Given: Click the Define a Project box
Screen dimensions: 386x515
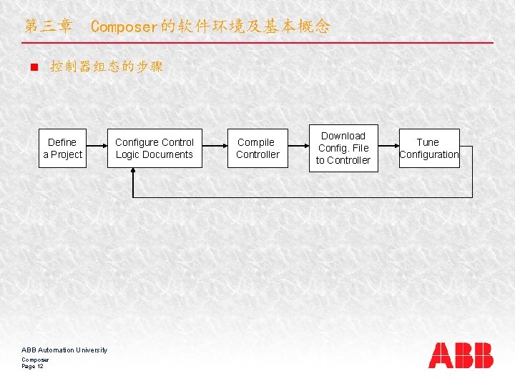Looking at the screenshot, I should coord(62,149).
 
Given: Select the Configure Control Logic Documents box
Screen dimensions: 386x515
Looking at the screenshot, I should coord(154,149).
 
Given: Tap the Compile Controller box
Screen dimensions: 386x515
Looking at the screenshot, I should coord(257,149).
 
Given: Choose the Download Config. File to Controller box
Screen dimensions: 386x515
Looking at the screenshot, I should coord(343,148).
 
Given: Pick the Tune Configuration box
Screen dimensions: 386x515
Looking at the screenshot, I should coord(429,149).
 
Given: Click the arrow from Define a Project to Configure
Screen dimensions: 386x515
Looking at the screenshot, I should coord(97,149).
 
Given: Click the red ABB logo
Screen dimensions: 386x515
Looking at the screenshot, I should coord(461,355).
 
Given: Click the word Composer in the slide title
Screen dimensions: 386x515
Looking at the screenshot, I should coord(123,27).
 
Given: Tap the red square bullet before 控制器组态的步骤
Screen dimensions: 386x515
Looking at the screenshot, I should coord(33,68).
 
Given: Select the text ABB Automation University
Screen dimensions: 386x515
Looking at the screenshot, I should coord(64,350).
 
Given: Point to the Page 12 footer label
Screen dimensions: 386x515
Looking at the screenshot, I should coord(33,366).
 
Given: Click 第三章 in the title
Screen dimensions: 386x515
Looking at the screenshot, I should coord(48,27).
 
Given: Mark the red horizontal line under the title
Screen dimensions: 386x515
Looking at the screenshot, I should coord(257,43).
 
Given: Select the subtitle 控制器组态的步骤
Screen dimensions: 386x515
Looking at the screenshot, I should coord(107,67).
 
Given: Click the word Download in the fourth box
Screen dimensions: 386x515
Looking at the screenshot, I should coord(343,136).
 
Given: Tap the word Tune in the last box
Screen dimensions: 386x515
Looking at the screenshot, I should coord(428,142).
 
